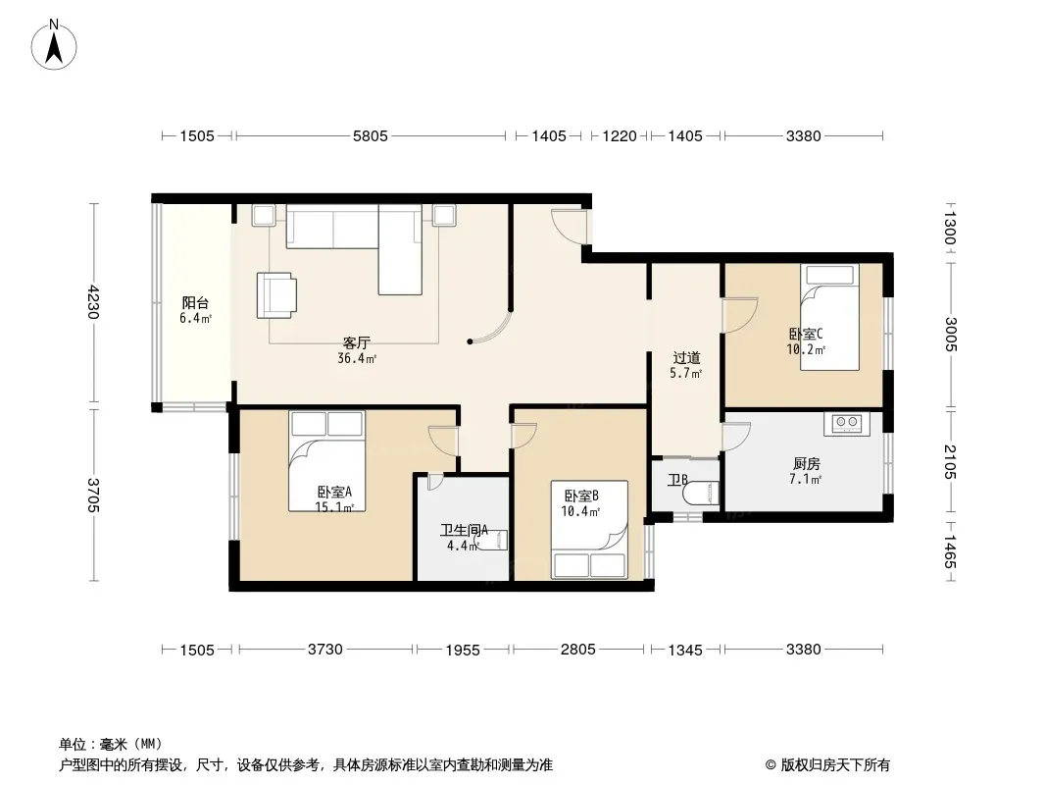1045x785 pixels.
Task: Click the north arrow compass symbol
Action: [54, 44]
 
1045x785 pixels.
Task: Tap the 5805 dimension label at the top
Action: [370, 136]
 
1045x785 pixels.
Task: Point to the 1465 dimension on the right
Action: [950, 551]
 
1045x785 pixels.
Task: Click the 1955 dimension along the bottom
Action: [463, 650]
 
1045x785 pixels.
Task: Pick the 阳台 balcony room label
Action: [195, 303]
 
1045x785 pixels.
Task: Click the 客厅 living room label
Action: [357, 342]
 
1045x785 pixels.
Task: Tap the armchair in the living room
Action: [276, 294]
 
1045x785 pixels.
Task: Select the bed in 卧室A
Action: [326, 461]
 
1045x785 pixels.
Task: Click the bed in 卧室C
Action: [829, 317]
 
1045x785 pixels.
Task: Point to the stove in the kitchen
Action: [847, 423]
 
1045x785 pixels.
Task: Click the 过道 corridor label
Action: [686, 358]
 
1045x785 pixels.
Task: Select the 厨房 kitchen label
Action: [807, 463]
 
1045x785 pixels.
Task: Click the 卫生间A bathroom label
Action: [464, 530]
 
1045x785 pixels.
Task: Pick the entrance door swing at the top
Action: [570, 227]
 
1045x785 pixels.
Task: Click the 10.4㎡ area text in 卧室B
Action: [580, 511]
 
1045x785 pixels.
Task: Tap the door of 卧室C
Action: [740, 315]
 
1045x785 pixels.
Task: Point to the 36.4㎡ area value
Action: [357, 359]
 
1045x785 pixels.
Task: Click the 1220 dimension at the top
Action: [620, 136]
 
